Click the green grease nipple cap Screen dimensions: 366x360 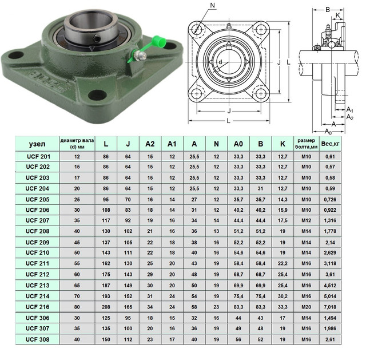click(159, 41)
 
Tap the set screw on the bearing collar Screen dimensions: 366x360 click(97, 38)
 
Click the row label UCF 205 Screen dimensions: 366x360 click(37, 200)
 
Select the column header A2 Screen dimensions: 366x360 click(150, 144)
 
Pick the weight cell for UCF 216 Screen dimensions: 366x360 click(330, 307)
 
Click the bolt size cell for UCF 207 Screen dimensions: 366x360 click(306, 220)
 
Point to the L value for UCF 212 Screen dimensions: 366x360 click(106, 274)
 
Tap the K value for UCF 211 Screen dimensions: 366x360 click(283, 263)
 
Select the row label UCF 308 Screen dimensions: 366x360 click(37, 339)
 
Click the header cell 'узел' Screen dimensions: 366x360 click(37, 144)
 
